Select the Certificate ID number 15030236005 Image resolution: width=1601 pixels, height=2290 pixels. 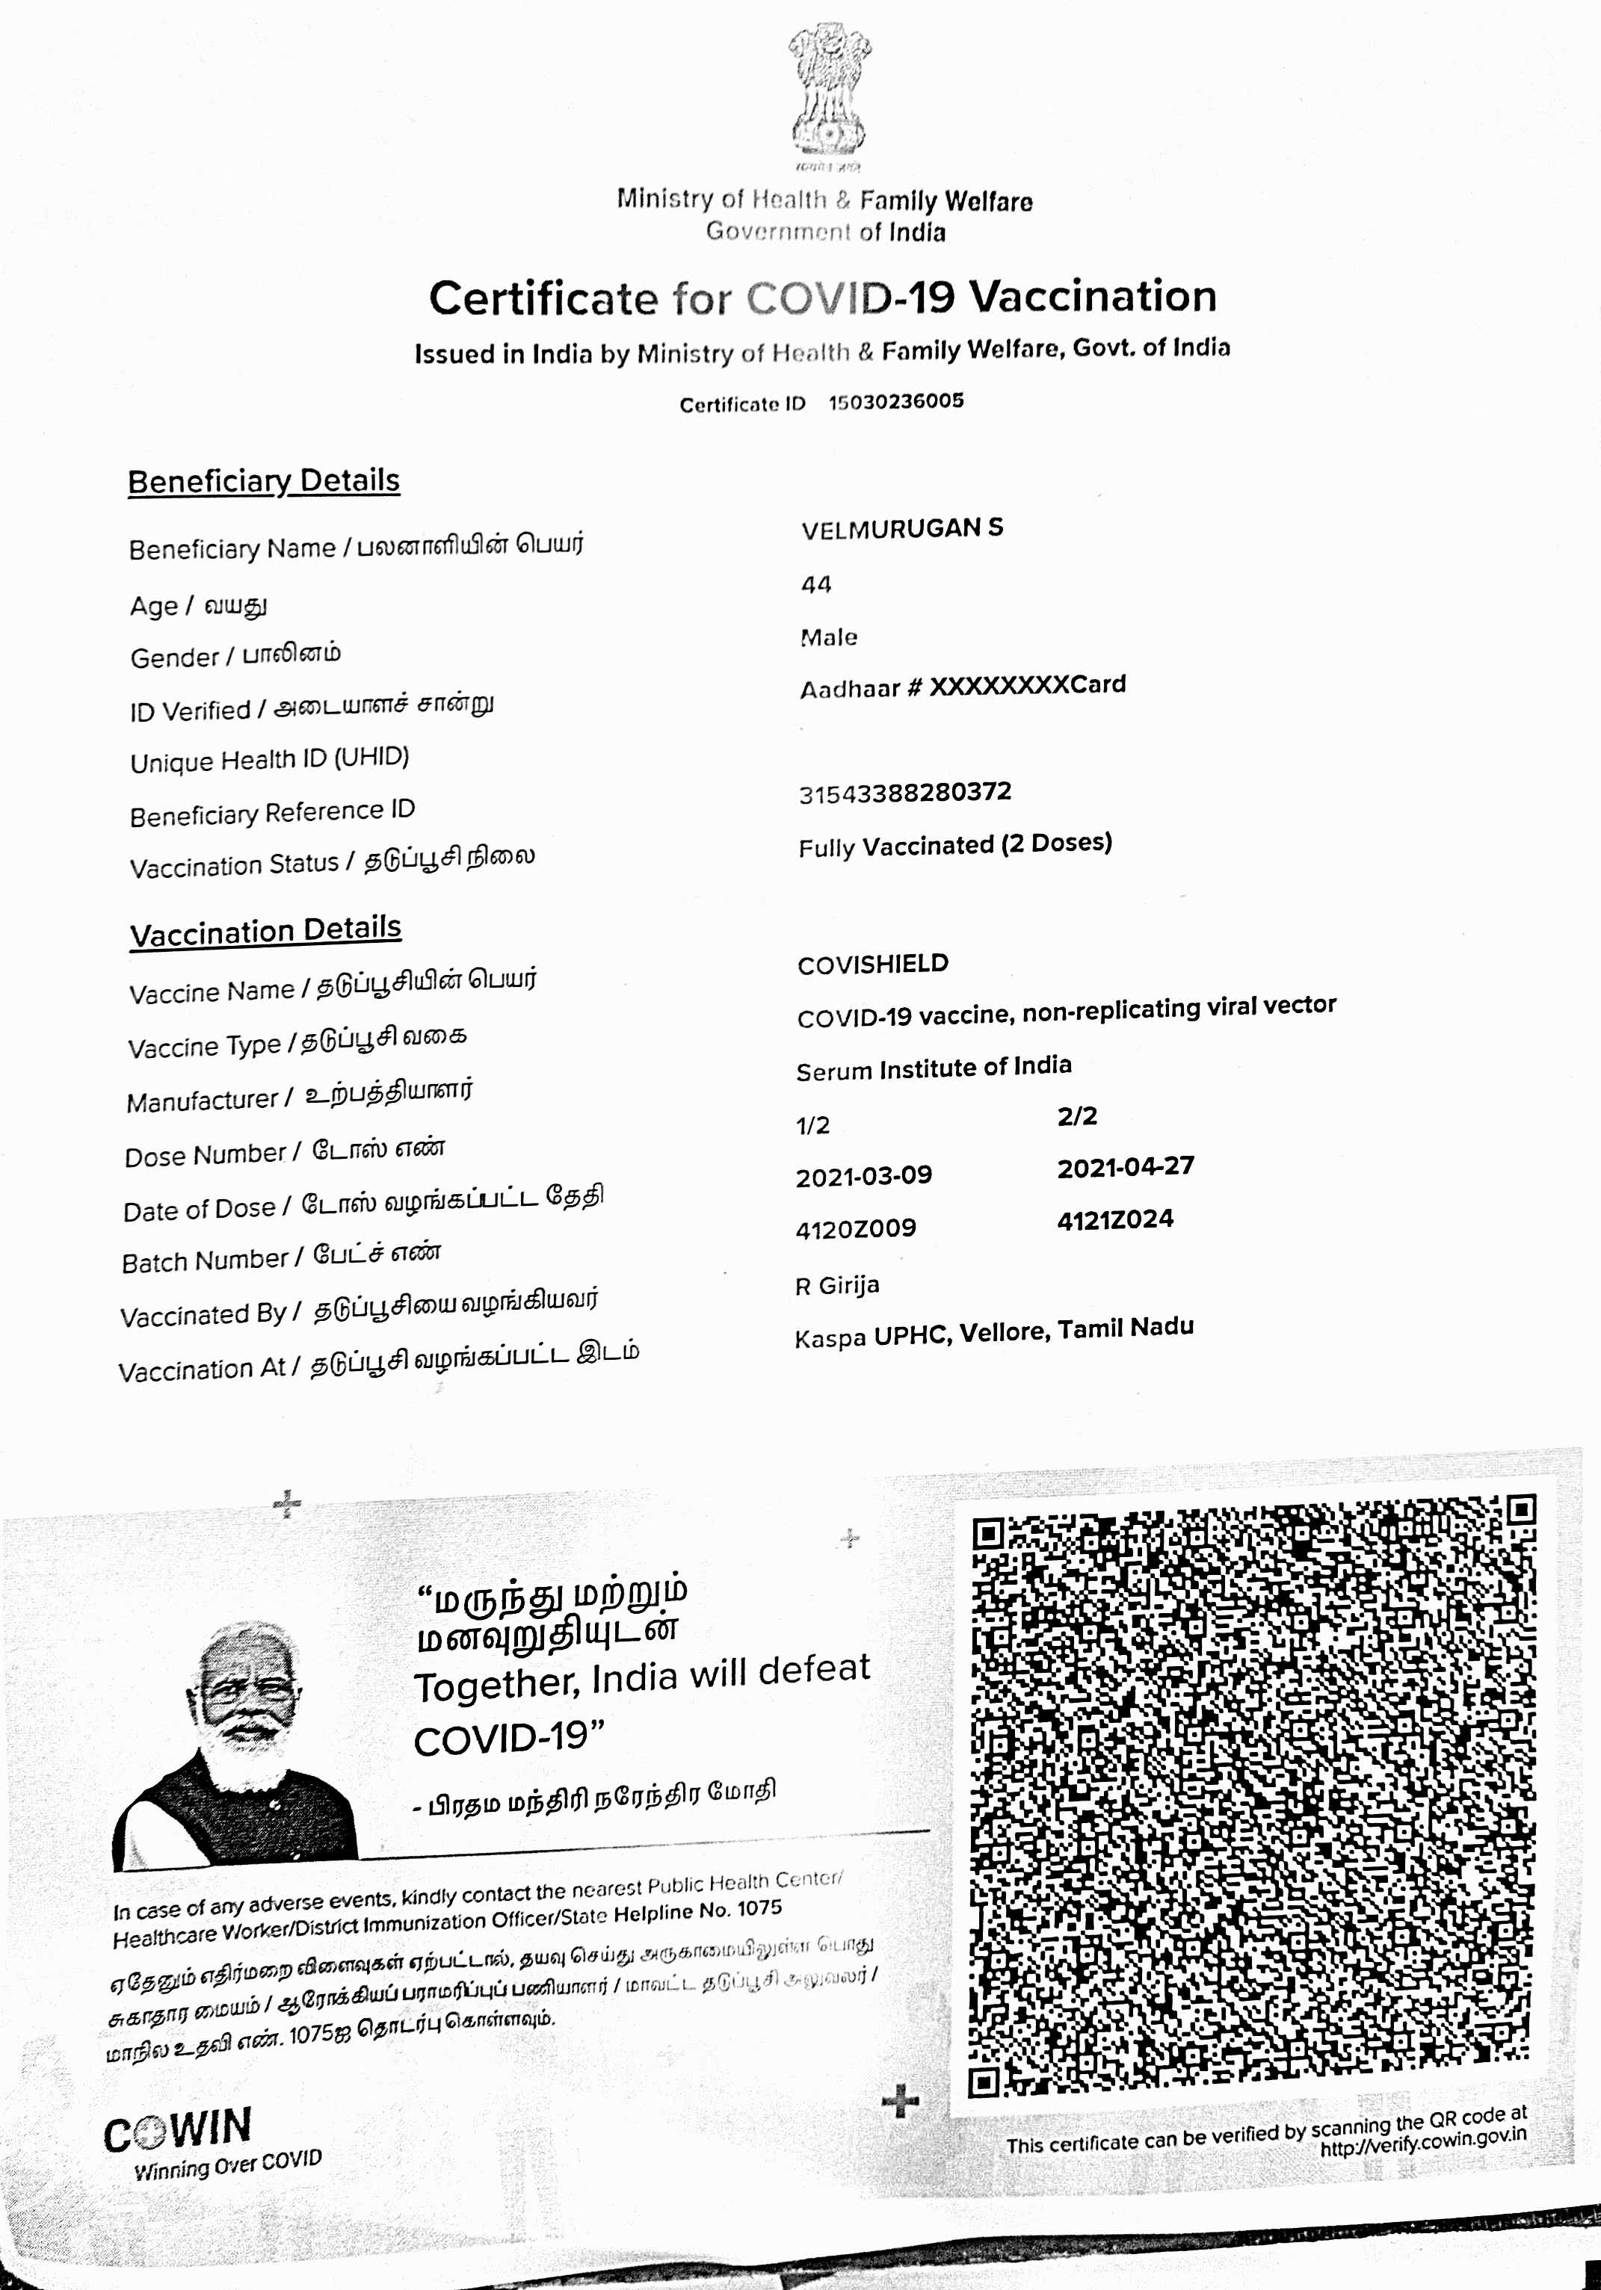tap(895, 401)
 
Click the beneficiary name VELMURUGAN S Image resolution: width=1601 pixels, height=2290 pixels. tap(901, 529)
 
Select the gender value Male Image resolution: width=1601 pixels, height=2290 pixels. tap(828, 637)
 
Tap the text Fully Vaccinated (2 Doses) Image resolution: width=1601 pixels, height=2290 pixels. tap(954, 846)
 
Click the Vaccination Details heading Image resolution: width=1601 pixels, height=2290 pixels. tap(265, 930)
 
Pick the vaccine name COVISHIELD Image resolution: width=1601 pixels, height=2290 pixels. tap(873, 965)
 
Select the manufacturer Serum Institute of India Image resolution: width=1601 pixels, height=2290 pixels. tap(934, 1068)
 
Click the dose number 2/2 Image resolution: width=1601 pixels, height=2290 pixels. tap(1077, 1116)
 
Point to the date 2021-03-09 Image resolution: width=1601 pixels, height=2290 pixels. tap(864, 1176)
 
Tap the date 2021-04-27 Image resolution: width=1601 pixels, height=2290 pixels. tap(1125, 1167)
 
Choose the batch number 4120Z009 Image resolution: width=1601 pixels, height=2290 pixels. tap(856, 1229)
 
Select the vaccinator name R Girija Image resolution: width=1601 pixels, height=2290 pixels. tap(837, 1286)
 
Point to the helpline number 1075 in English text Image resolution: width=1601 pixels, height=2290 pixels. tap(759, 1909)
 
